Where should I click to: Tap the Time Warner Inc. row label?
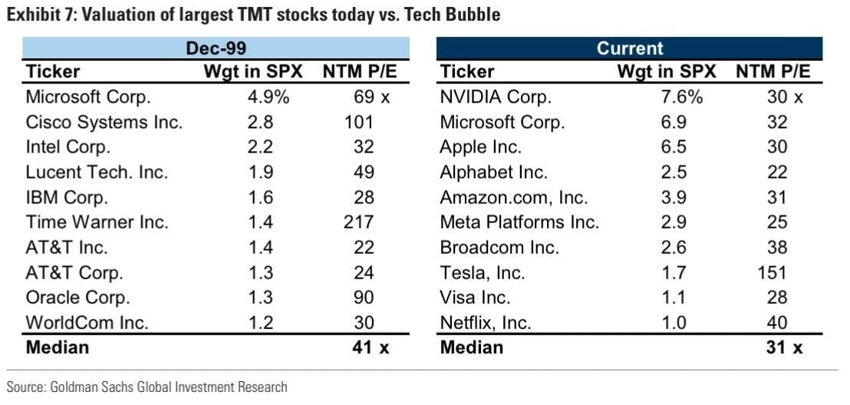(97, 222)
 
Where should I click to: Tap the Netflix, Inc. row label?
(486, 322)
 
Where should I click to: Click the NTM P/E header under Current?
(773, 72)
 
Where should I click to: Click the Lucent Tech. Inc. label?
(97, 172)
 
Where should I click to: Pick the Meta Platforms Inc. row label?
(519, 222)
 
